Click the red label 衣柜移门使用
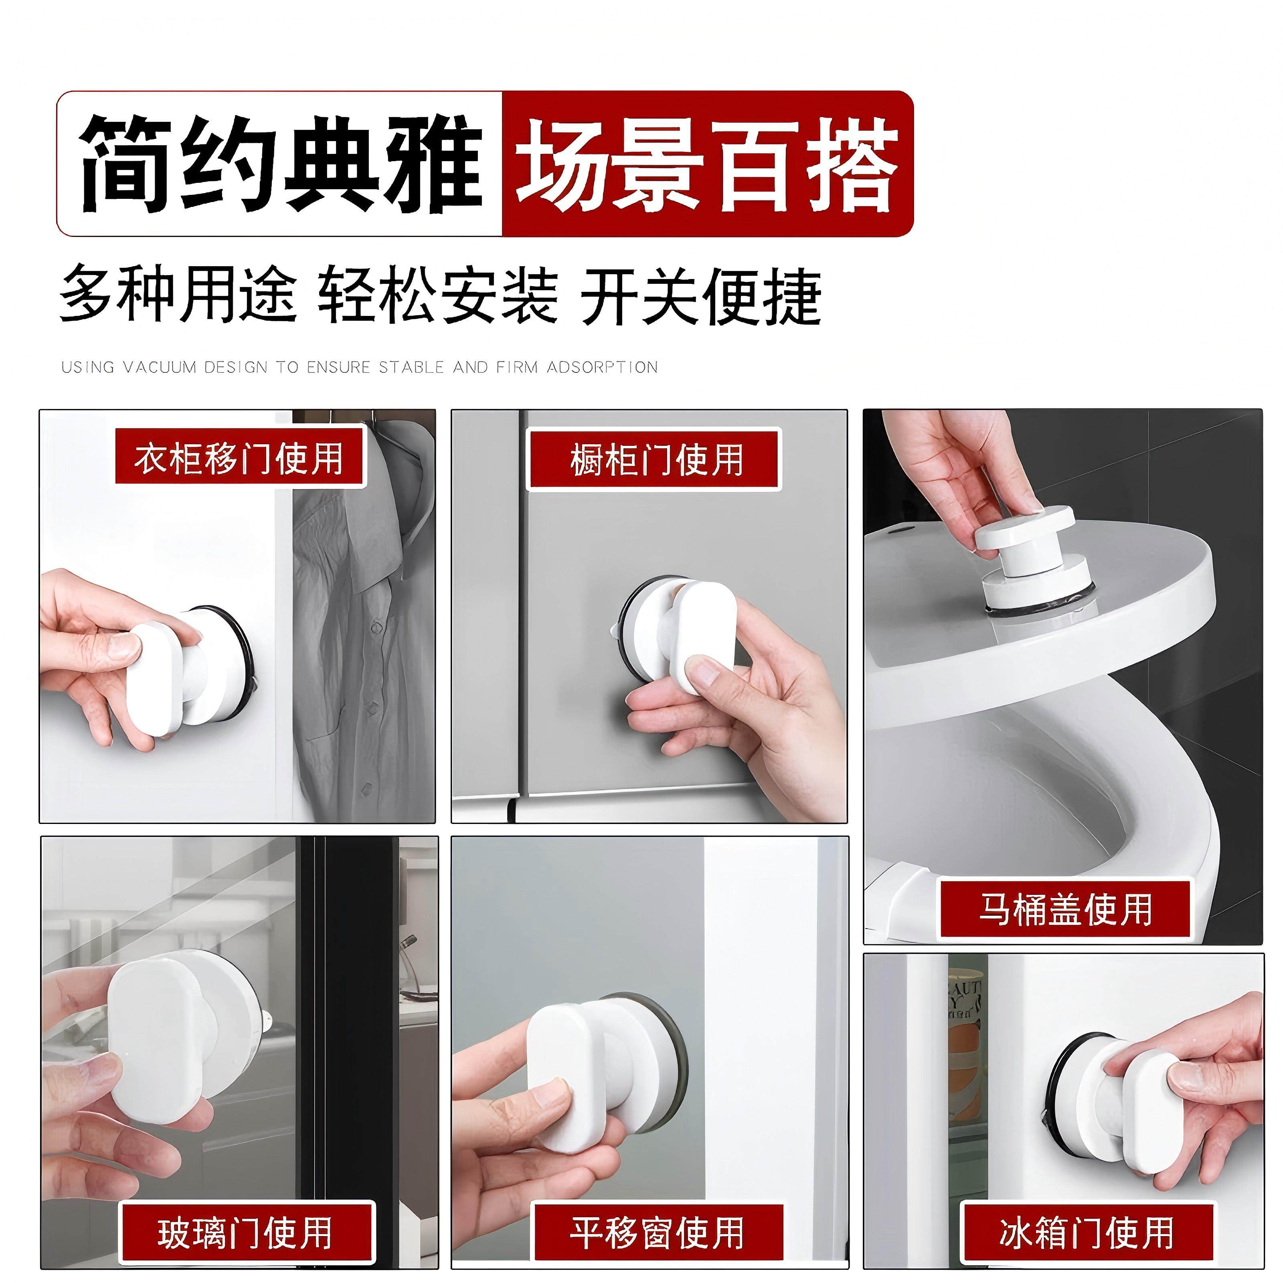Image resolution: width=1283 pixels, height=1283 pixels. tap(239, 457)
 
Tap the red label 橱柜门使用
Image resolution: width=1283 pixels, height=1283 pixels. tap(654, 459)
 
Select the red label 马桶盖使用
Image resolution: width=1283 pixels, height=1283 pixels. tap(1064, 909)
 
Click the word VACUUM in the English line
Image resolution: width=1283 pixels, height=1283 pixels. tap(160, 367)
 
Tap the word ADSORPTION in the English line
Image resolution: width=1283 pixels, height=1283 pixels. tap(602, 367)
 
